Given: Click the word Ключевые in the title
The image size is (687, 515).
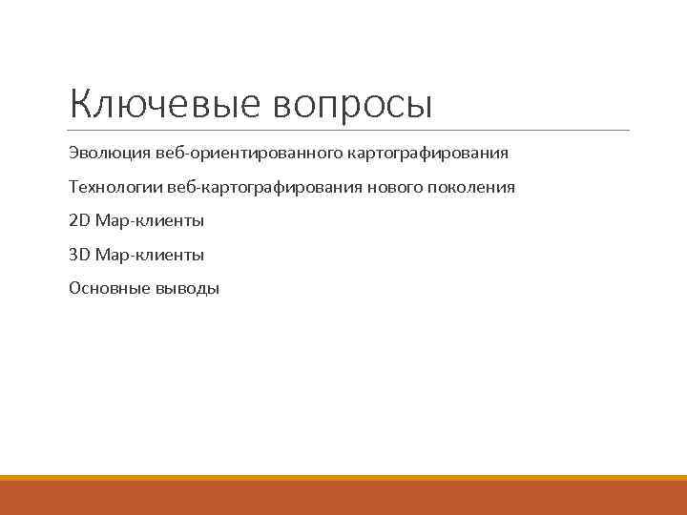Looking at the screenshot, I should tap(164, 104).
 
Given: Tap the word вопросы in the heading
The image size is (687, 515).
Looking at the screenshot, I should tap(353, 104).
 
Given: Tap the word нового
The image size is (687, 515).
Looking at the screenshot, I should tap(389, 187).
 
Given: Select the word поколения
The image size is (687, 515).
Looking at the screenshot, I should tap(470, 187).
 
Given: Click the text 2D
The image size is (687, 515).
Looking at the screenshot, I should tap(79, 221).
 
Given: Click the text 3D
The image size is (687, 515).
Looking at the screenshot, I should tap(79, 255).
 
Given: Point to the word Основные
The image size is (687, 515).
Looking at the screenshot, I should tap(104, 289).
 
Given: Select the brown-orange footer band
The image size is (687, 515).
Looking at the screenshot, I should tap(343, 498).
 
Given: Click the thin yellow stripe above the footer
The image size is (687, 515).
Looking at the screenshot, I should tap(343, 478).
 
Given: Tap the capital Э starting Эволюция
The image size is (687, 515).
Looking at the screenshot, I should tap(73, 153).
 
